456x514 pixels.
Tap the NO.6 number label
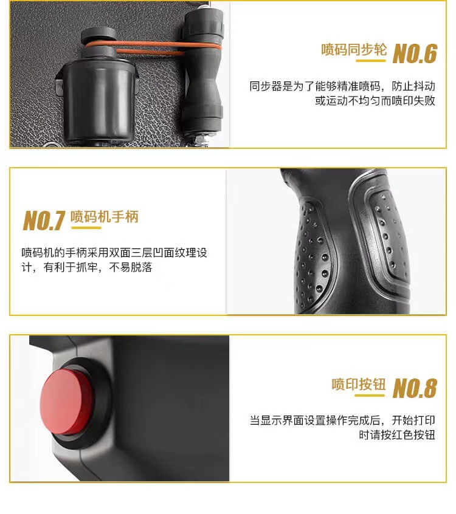click(x=415, y=53)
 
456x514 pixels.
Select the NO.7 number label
click(x=44, y=221)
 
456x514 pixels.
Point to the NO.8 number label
click(x=415, y=388)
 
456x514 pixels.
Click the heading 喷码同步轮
click(x=354, y=50)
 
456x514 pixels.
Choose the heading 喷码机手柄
click(x=105, y=217)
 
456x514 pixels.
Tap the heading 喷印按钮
click(x=359, y=384)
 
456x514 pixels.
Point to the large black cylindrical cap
click(x=98, y=101)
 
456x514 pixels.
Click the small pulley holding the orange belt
click(x=98, y=40)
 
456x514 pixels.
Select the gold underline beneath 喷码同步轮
click(x=370, y=61)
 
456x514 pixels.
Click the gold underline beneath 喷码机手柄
click(x=86, y=227)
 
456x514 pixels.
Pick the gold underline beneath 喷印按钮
click(x=370, y=396)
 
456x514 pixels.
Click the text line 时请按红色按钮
click(x=397, y=434)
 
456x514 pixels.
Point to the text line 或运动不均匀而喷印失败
click(x=375, y=101)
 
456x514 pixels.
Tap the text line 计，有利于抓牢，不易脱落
click(x=87, y=267)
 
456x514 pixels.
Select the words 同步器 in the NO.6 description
click(x=266, y=86)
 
